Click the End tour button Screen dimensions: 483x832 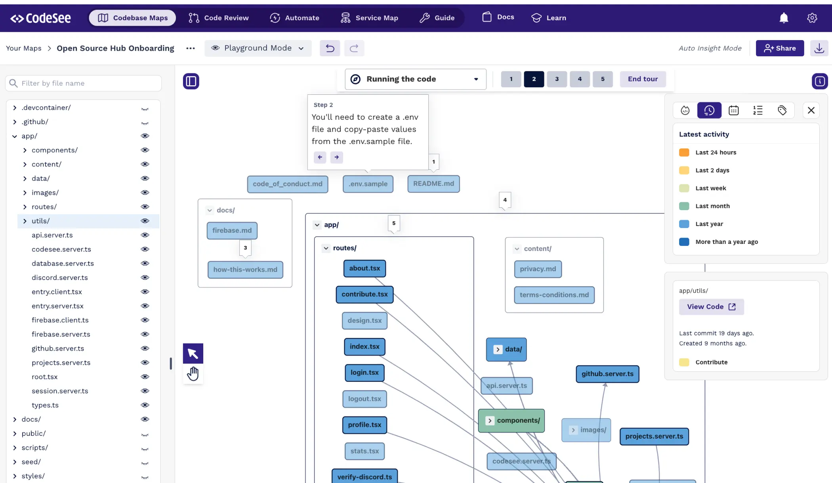point(643,79)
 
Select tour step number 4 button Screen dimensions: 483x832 point(580,79)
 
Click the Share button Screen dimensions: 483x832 point(779,48)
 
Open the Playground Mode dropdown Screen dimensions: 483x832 point(258,48)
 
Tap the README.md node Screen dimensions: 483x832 point(433,184)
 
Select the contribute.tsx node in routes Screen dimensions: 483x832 point(364,294)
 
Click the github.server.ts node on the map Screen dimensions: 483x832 point(607,374)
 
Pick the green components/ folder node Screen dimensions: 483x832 point(511,420)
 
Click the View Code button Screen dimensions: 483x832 point(711,307)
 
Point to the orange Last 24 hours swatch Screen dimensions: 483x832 point(684,152)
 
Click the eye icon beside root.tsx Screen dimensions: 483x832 point(145,377)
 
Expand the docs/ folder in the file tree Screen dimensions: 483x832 point(15,419)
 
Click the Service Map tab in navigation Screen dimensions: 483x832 point(369,18)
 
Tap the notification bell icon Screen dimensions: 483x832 point(784,18)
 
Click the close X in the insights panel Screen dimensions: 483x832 point(811,110)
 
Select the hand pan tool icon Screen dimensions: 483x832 point(193,374)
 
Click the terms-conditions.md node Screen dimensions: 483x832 point(554,295)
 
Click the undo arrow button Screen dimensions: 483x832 point(330,48)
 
